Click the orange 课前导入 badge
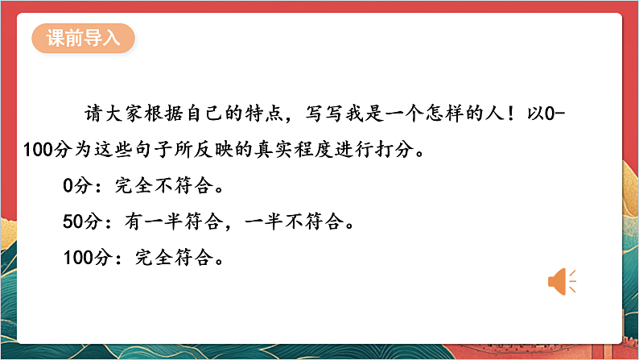tap(83, 39)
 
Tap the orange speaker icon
tap(562, 281)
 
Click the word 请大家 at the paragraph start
tap(113, 114)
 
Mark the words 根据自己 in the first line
tap(182, 114)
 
